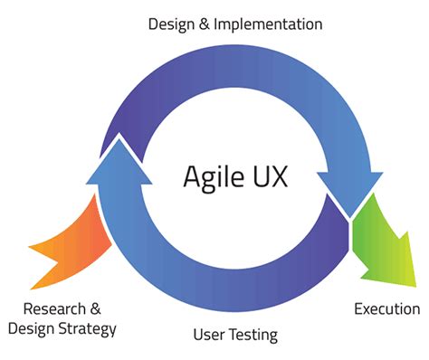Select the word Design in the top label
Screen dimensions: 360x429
(172, 22)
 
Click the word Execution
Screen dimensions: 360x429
(386, 309)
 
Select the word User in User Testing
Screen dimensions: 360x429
(209, 336)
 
